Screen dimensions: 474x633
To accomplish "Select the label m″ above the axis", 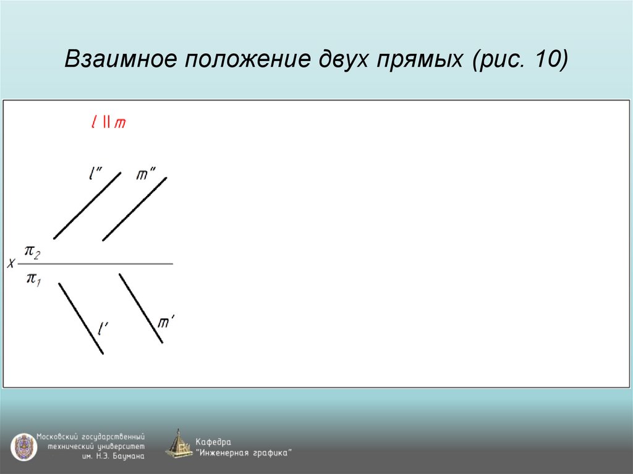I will (x=146, y=175).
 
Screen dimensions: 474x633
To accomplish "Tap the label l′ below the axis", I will (x=104, y=327).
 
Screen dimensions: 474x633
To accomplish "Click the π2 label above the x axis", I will (x=32, y=252).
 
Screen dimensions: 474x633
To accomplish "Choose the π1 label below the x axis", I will (x=32, y=279).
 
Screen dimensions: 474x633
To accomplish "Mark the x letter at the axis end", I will (x=11, y=264).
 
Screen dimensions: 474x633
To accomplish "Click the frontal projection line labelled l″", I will (x=87, y=206).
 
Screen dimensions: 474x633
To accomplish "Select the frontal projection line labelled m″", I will (x=134, y=209).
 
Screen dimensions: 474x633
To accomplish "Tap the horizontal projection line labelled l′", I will (x=80, y=318).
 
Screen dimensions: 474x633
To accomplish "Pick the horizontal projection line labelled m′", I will (x=140, y=308).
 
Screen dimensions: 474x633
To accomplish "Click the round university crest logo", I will (x=23, y=447).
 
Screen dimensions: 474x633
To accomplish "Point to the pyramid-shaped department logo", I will (x=179, y=444).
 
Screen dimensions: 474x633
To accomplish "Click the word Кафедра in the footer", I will (x=213, y=442).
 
